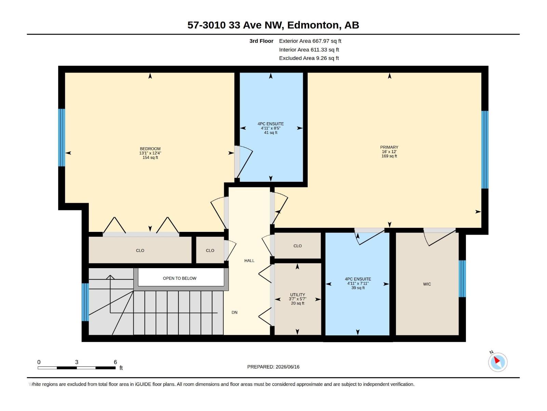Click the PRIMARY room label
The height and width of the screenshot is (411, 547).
389,147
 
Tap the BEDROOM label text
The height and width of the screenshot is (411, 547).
150,149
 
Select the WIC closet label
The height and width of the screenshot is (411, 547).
427,284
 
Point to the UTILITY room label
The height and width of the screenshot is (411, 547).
297,295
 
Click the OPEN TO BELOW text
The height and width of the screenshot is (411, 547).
179,278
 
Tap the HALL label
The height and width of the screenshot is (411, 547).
249,261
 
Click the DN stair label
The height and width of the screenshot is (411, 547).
234,312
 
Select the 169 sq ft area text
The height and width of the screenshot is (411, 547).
389,156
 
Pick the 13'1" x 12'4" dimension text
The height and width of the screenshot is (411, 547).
150,153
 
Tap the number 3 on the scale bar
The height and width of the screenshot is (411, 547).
77,362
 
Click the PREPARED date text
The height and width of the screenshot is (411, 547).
273,366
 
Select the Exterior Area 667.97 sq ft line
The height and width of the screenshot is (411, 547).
310,41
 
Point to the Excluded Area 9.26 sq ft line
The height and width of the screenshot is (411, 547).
309,58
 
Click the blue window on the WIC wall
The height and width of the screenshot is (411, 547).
462,279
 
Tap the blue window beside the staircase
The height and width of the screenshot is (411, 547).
85,302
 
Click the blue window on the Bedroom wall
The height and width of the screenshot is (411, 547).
62,137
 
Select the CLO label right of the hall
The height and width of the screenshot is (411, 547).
297,246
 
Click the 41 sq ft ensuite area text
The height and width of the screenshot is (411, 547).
271,133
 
